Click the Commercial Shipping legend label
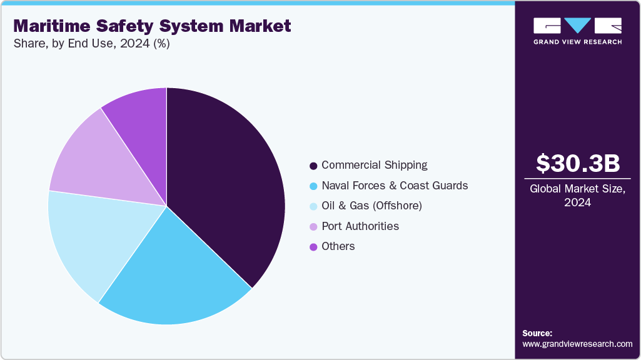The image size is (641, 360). click(374, 165)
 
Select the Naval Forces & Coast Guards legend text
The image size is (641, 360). click(394, 186)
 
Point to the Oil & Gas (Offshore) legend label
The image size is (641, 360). click(371, 206)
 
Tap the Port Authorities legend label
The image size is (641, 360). click(360, 226)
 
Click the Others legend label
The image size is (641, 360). click(338, 246)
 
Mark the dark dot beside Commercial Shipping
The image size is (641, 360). click(313, 166)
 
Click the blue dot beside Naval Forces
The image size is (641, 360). click(313, 186)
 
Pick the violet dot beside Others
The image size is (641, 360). click(313, 247)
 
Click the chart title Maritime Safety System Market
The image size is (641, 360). click(152, 26)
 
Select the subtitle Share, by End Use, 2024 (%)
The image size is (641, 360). click(91, 44)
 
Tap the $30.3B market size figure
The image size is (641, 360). click(578, 163)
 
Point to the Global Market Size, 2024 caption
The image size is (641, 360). click(578, 196)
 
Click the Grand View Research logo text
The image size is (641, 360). click(577, 42)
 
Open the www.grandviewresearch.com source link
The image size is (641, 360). click(577, 344)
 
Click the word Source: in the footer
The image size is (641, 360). click(537, 333)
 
